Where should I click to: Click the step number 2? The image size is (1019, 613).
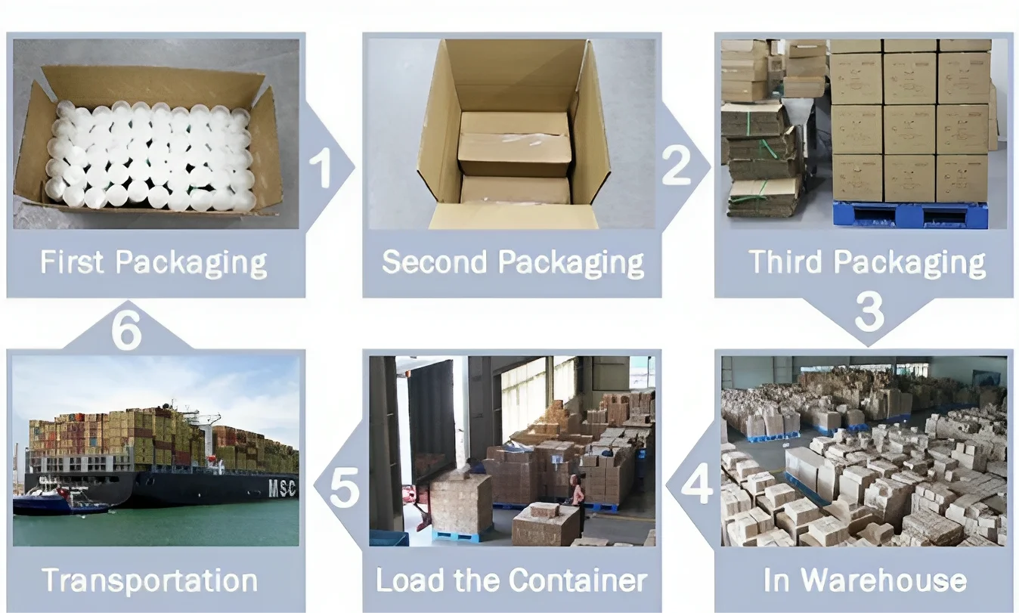pyautogui.click(x=677, y=166)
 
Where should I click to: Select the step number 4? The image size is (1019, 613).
pyautogui.click(x=696, y=485)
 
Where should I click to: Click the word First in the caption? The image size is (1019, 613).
pyautogui.click(x=72, y=262)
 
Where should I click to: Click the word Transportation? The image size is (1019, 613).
pyautogui.click(x=150, y=580)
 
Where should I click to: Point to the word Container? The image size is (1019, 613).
pyautogui.click(x=578, y=580)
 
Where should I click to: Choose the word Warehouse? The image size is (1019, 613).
pyautogui.click(x=884, y=580)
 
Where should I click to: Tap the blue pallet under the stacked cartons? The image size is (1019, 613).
pyautogui.click(x=909, y=215)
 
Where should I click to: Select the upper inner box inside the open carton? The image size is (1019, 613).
pyautogui.click(x=514, y=144)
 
